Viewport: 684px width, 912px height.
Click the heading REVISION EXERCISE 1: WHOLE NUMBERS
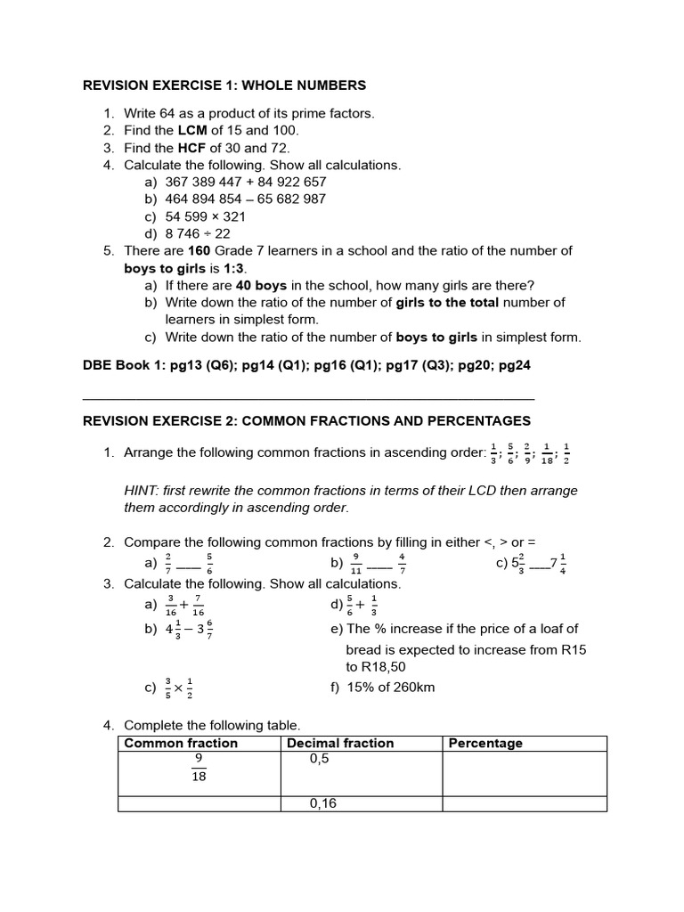pyautogui.click(x=224, y=85)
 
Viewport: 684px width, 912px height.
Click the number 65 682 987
pyautogui.click(x=287, y=199)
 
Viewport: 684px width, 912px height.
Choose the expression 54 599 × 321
pyautogui.click(x=205, y=216)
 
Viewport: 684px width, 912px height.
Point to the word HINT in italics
pyautogui.click(x=141, y=491)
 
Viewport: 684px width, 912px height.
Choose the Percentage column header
pyautogui.click(x=484, y=744)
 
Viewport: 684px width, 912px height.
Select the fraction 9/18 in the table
pyautogui.click(x=199, y=768)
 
